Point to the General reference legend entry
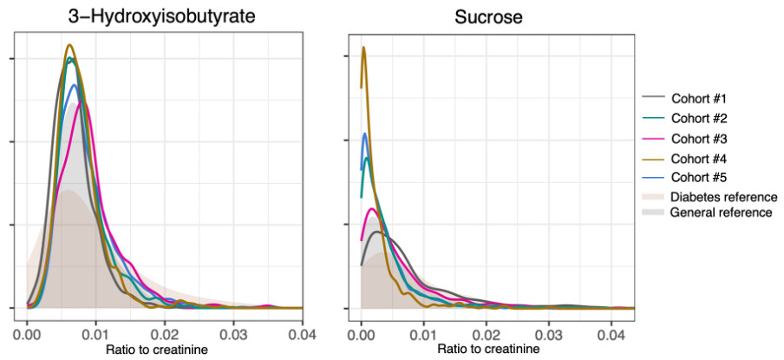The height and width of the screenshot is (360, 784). point(722,213)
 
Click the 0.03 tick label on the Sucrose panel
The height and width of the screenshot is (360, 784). point(548,332)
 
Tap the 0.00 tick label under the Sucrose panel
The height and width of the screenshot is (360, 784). point(362,332)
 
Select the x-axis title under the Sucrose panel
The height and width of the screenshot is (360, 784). point(490,349)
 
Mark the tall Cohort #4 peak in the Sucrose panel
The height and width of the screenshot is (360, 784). point(364,48)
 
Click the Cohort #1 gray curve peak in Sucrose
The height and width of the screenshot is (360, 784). point(376,232)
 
